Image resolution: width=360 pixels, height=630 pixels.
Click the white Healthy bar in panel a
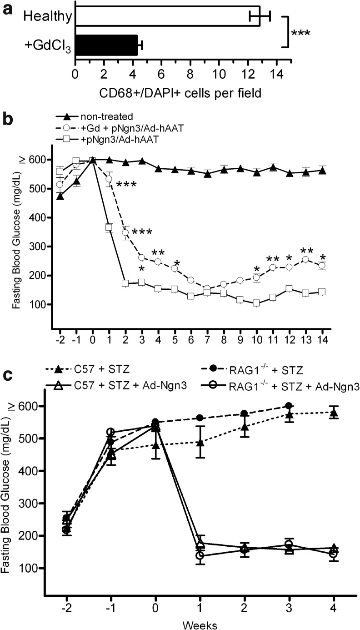tap(167, 17)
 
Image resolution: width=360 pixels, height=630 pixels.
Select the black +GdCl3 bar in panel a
tap(106, 45)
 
